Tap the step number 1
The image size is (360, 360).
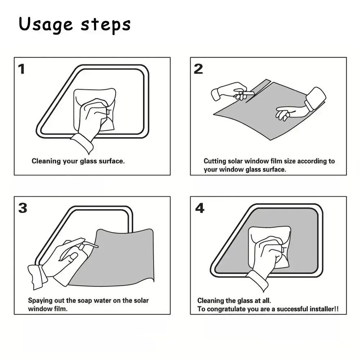pos(22,69)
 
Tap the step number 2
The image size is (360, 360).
pos(198,69)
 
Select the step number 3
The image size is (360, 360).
pos(22,208)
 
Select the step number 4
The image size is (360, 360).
pos(199,208)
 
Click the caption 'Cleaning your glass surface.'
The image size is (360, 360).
pos(78,161)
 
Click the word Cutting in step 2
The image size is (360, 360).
pos(215,161)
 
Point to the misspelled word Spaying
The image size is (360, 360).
pos(40,300)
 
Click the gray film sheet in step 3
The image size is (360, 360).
pos(119,259)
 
